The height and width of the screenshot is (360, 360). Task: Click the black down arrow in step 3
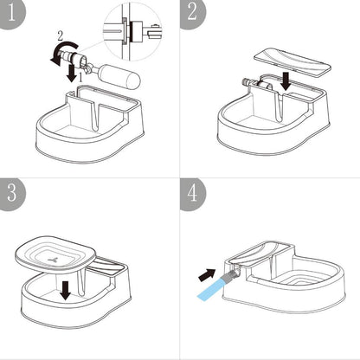point(67,292)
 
